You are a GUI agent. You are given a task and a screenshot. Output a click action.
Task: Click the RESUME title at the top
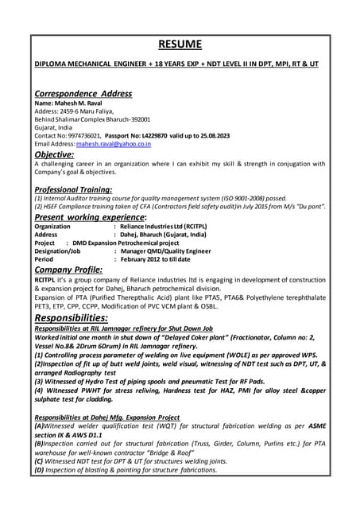[180, 44]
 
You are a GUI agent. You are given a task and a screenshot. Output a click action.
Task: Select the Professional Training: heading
[73, 190]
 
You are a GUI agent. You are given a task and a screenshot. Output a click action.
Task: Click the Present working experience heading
[91, 216]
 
